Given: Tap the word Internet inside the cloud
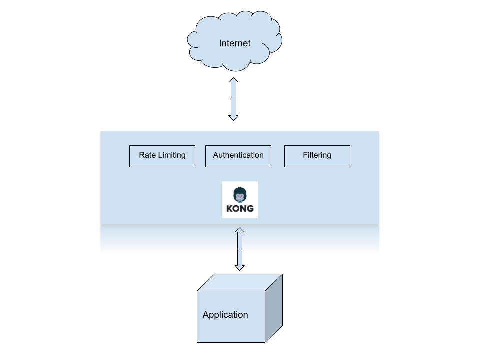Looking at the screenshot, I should tap(235, 43).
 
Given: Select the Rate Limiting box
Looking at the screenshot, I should tap(162, 156).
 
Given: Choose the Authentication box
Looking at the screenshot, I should tap(238, 156).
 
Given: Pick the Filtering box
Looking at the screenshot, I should tap(317, 156).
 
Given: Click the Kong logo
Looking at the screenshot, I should tap(240, 199).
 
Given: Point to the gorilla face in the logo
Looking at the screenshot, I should tap(240, 194).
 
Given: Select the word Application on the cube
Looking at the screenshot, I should tap(225, 315).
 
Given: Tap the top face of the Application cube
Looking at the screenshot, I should tap(240, 283).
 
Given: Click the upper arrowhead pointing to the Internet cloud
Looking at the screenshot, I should tap(233, 81).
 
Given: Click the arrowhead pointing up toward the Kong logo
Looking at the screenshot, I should tap(240, 230).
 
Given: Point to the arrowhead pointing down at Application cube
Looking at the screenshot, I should tap(240, 267).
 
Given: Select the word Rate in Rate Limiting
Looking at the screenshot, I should tap(147, 155).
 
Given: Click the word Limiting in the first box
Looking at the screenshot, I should tap(172, 155).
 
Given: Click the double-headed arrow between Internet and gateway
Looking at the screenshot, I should tap(233, 99).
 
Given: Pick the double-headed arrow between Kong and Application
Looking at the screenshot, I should tap(240, 249).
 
